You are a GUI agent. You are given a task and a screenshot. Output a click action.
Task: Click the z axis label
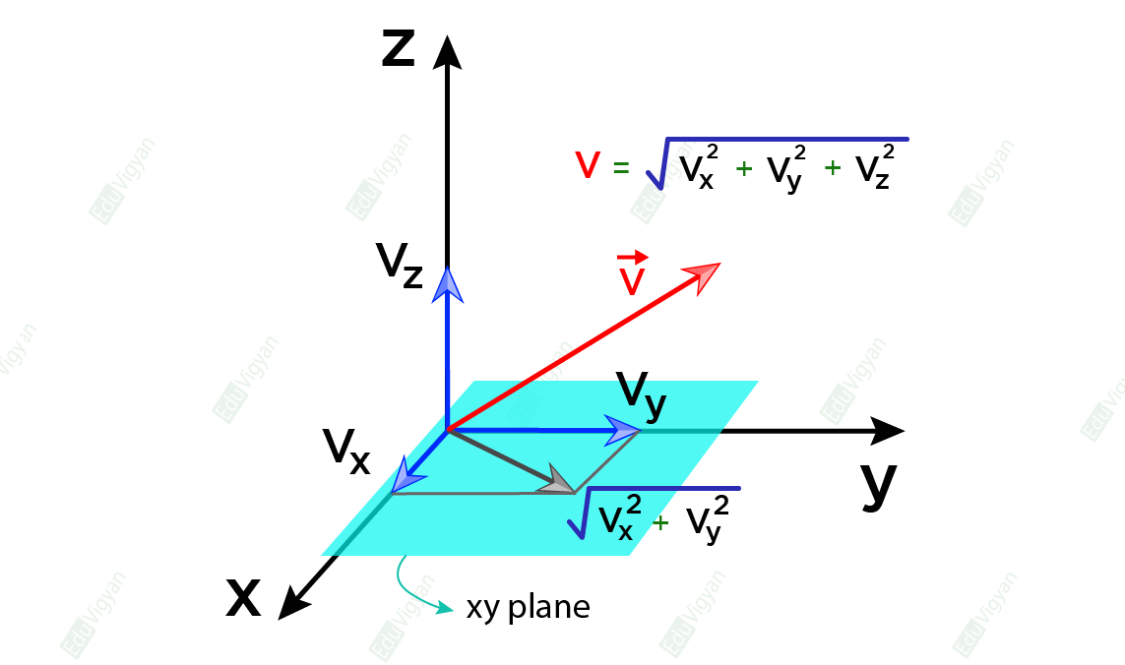[x=398, y=50]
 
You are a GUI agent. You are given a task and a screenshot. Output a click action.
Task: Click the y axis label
[x=878, y=484]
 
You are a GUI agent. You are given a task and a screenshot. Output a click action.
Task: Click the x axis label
[x=243, y=597]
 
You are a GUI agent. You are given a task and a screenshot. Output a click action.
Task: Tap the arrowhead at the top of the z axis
[x=448, y=52]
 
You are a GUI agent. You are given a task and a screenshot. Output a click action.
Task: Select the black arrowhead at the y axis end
[x=888, y=431]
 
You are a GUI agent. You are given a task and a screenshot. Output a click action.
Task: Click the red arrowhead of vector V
[x=702, y=276]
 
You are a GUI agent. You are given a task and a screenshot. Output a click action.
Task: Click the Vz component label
[x=400, y=265]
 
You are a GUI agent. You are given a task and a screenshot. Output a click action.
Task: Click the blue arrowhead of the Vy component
[x=622, y=430]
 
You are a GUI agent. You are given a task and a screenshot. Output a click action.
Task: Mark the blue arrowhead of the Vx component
[x=405, y=475]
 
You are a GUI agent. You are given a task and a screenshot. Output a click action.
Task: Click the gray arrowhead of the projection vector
[x=558, y=482]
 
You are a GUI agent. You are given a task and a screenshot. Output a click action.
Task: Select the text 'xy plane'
[x=528, y=608]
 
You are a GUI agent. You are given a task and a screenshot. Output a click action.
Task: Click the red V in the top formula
[x=587, y=165]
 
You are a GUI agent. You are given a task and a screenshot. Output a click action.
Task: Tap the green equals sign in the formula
[x=620, y=167]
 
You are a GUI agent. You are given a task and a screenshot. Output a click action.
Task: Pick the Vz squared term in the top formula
[x=874, y=168]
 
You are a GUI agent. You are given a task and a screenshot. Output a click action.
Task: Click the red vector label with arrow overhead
[x=632, y=274]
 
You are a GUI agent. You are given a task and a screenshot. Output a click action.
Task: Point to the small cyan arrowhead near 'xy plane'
[x=446, y=607]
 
